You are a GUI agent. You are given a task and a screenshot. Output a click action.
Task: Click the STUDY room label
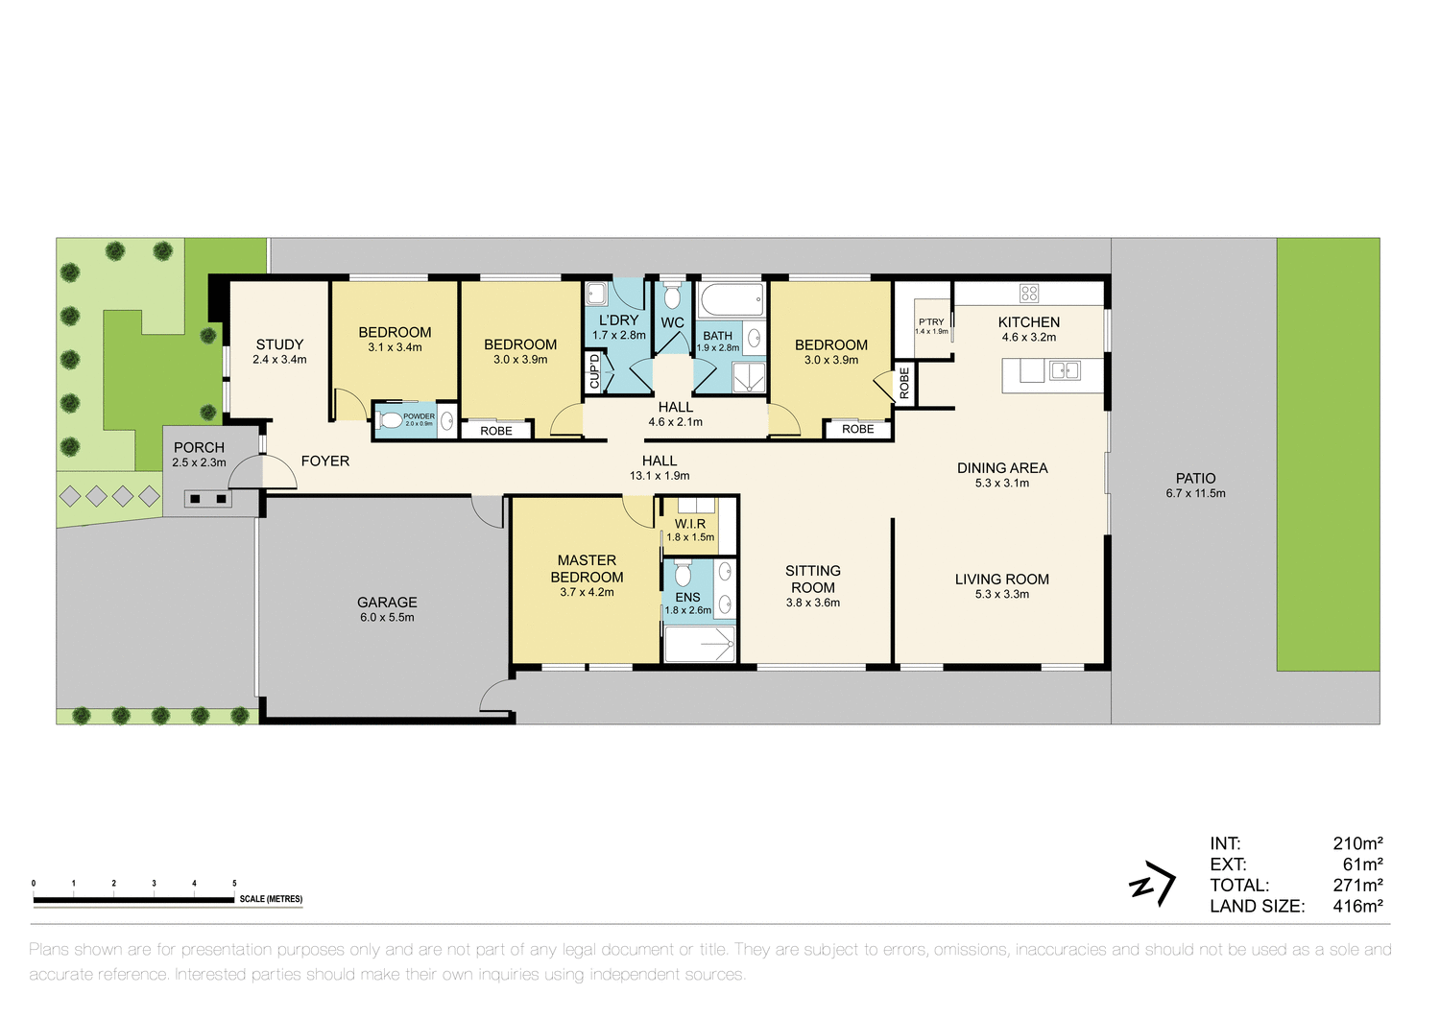pyautogui.click(x=279, y=344)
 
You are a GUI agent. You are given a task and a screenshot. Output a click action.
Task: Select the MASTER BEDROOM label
pyautogui.click(x=587, y=569)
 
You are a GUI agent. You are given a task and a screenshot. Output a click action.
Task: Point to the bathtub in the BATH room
pyautogui.click(x=732, y=299)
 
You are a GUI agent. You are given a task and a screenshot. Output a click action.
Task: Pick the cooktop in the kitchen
pyautogui.click(x=1029, y=293)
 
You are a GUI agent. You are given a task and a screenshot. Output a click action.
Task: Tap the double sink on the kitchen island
pyautogui.click(x=1064, y=370)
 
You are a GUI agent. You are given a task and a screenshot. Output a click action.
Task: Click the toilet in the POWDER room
pyautogui.click(x=390, y=420)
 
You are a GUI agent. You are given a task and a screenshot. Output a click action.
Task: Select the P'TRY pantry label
pyautogui.click(x=931, y=322)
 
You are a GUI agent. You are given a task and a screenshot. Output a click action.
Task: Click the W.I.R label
pyautogui.click(x=690, y=524)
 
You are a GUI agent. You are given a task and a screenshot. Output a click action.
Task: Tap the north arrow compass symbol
pyautogui.click(x=1153, y=885)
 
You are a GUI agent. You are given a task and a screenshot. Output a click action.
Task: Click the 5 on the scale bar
pyautogui.click(x=234, y=883)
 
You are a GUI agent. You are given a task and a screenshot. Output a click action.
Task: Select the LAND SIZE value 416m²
pyautogui.click(x=1357, y=906)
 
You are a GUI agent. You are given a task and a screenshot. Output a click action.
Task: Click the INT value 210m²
pyautogui.click(x=1357, y=843)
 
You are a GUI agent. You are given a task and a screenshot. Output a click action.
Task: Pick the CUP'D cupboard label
pyautogui.click(x=594, y=371)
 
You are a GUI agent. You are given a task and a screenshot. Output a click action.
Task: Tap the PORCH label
pyautogui.click(x=199, y=447)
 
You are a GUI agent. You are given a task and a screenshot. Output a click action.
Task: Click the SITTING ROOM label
pyautogui.click(x=812, y=579)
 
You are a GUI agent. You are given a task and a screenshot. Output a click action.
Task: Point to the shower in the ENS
pyautogui.click(x=700, y=645)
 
